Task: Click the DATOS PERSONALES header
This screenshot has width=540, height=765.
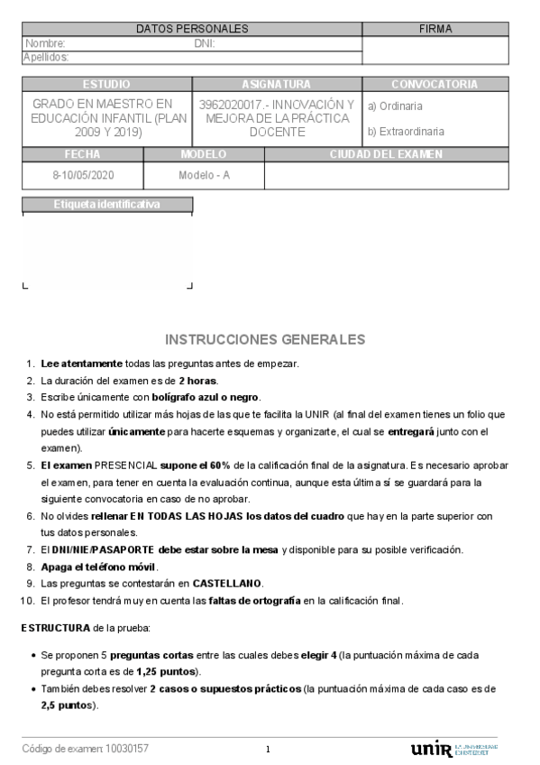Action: pyautogui.click(x=191, y=29)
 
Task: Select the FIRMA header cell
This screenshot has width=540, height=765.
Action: pyautogui.click(x=435, y=29)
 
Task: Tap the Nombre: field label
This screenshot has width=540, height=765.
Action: pyautogui.click(x=45, y=43)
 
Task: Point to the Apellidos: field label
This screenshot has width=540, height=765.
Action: pyautogui.click(x=47, y=57)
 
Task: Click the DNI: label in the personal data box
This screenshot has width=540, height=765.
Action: pyautogui.click(x=205, y=43)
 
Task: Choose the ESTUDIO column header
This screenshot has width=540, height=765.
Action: pyautogui.click(x=106, y=84)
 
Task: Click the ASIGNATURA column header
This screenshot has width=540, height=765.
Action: pyautogui.click(x=277, y=84)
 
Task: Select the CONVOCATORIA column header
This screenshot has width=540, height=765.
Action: pyautogui.click(x=435, y=84)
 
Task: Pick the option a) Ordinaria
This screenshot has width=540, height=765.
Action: pyautogui.click(x=396, y=106)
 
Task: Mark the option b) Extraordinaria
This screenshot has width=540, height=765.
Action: pyautogui.click(x=406, y=132)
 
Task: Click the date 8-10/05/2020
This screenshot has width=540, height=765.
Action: pyautogui.click(x=84, y=175)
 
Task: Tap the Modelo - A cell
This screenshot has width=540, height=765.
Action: pyautogui.click(x=205, y=175)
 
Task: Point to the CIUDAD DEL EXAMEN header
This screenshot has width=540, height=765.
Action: pyautogui.click(x=386, y=154)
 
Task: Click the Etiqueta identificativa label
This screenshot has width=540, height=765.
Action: pyautogui.click(x=106, y=204)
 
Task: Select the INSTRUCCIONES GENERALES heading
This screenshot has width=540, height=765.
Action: pyautogui.click(x=265, y=339)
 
